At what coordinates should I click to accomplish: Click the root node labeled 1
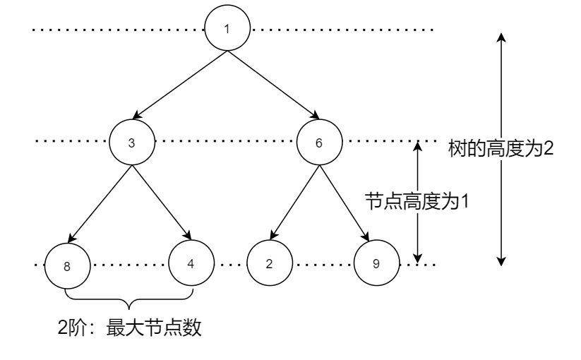(227, 29)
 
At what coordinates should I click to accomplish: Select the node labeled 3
(131, 142)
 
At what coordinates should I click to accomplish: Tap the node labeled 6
(319, 142)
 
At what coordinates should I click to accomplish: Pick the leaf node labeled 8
(66, 267)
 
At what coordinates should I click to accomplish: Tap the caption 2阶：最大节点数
(130, 328)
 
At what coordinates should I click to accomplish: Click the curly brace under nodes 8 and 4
(128, 300)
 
